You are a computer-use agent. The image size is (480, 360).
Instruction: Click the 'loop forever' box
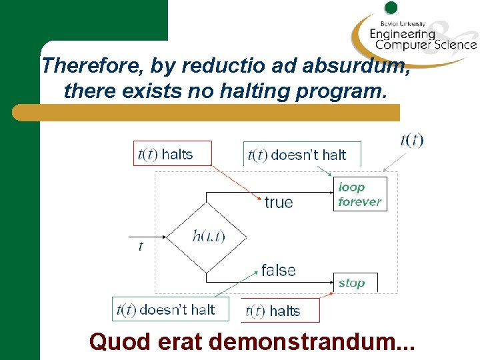359,194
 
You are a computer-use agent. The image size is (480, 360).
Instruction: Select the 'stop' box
354,283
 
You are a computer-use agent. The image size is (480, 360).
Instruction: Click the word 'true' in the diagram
279,202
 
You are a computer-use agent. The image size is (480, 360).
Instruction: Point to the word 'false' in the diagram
279,270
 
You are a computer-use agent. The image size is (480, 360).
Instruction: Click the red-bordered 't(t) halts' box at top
173,154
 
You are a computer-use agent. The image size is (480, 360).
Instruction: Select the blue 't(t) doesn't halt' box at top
301,155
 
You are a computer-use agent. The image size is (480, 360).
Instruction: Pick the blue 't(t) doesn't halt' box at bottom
170,309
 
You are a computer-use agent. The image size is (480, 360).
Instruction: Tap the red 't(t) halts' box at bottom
281,311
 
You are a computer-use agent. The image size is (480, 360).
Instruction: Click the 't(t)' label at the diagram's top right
411,140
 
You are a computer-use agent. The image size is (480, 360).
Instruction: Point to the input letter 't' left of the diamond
141,247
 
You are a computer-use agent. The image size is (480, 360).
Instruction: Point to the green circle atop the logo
391,8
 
